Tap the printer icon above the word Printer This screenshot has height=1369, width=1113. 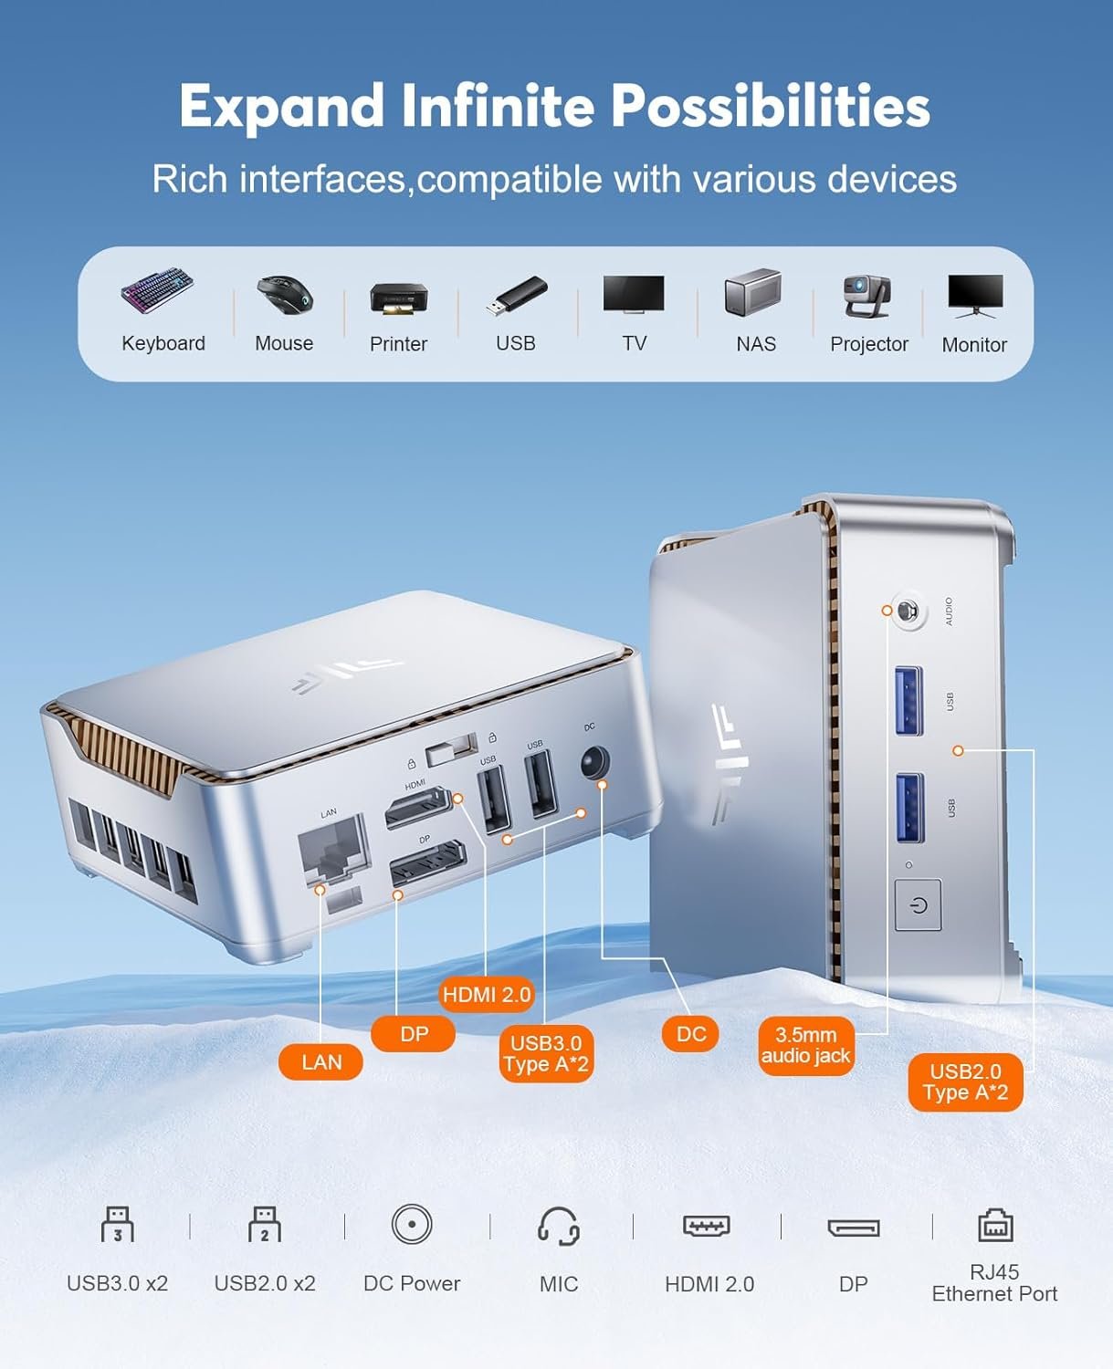coord(399,298)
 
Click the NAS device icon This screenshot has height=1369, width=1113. coord(753,292)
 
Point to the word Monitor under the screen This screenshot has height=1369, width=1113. coord(974,345)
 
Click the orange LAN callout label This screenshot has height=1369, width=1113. coord(321,1062)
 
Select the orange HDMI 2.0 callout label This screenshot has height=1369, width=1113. coord(487,995)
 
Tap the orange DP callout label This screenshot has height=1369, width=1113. coord(414,1034)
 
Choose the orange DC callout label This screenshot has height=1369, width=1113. coord(691,1034)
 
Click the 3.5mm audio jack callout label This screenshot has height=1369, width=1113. coord(805,1046)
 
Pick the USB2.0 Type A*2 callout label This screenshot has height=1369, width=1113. coord(965,1082)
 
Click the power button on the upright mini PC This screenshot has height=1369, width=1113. coord(919,905)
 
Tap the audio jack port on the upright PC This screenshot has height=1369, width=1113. coord(907,611)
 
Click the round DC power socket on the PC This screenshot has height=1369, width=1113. coord(594,762)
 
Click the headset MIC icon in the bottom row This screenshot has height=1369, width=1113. coord(558,1226)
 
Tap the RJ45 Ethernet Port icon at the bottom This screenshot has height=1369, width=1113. coord(995,1226)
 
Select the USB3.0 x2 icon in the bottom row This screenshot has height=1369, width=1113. coord(118,1225)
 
